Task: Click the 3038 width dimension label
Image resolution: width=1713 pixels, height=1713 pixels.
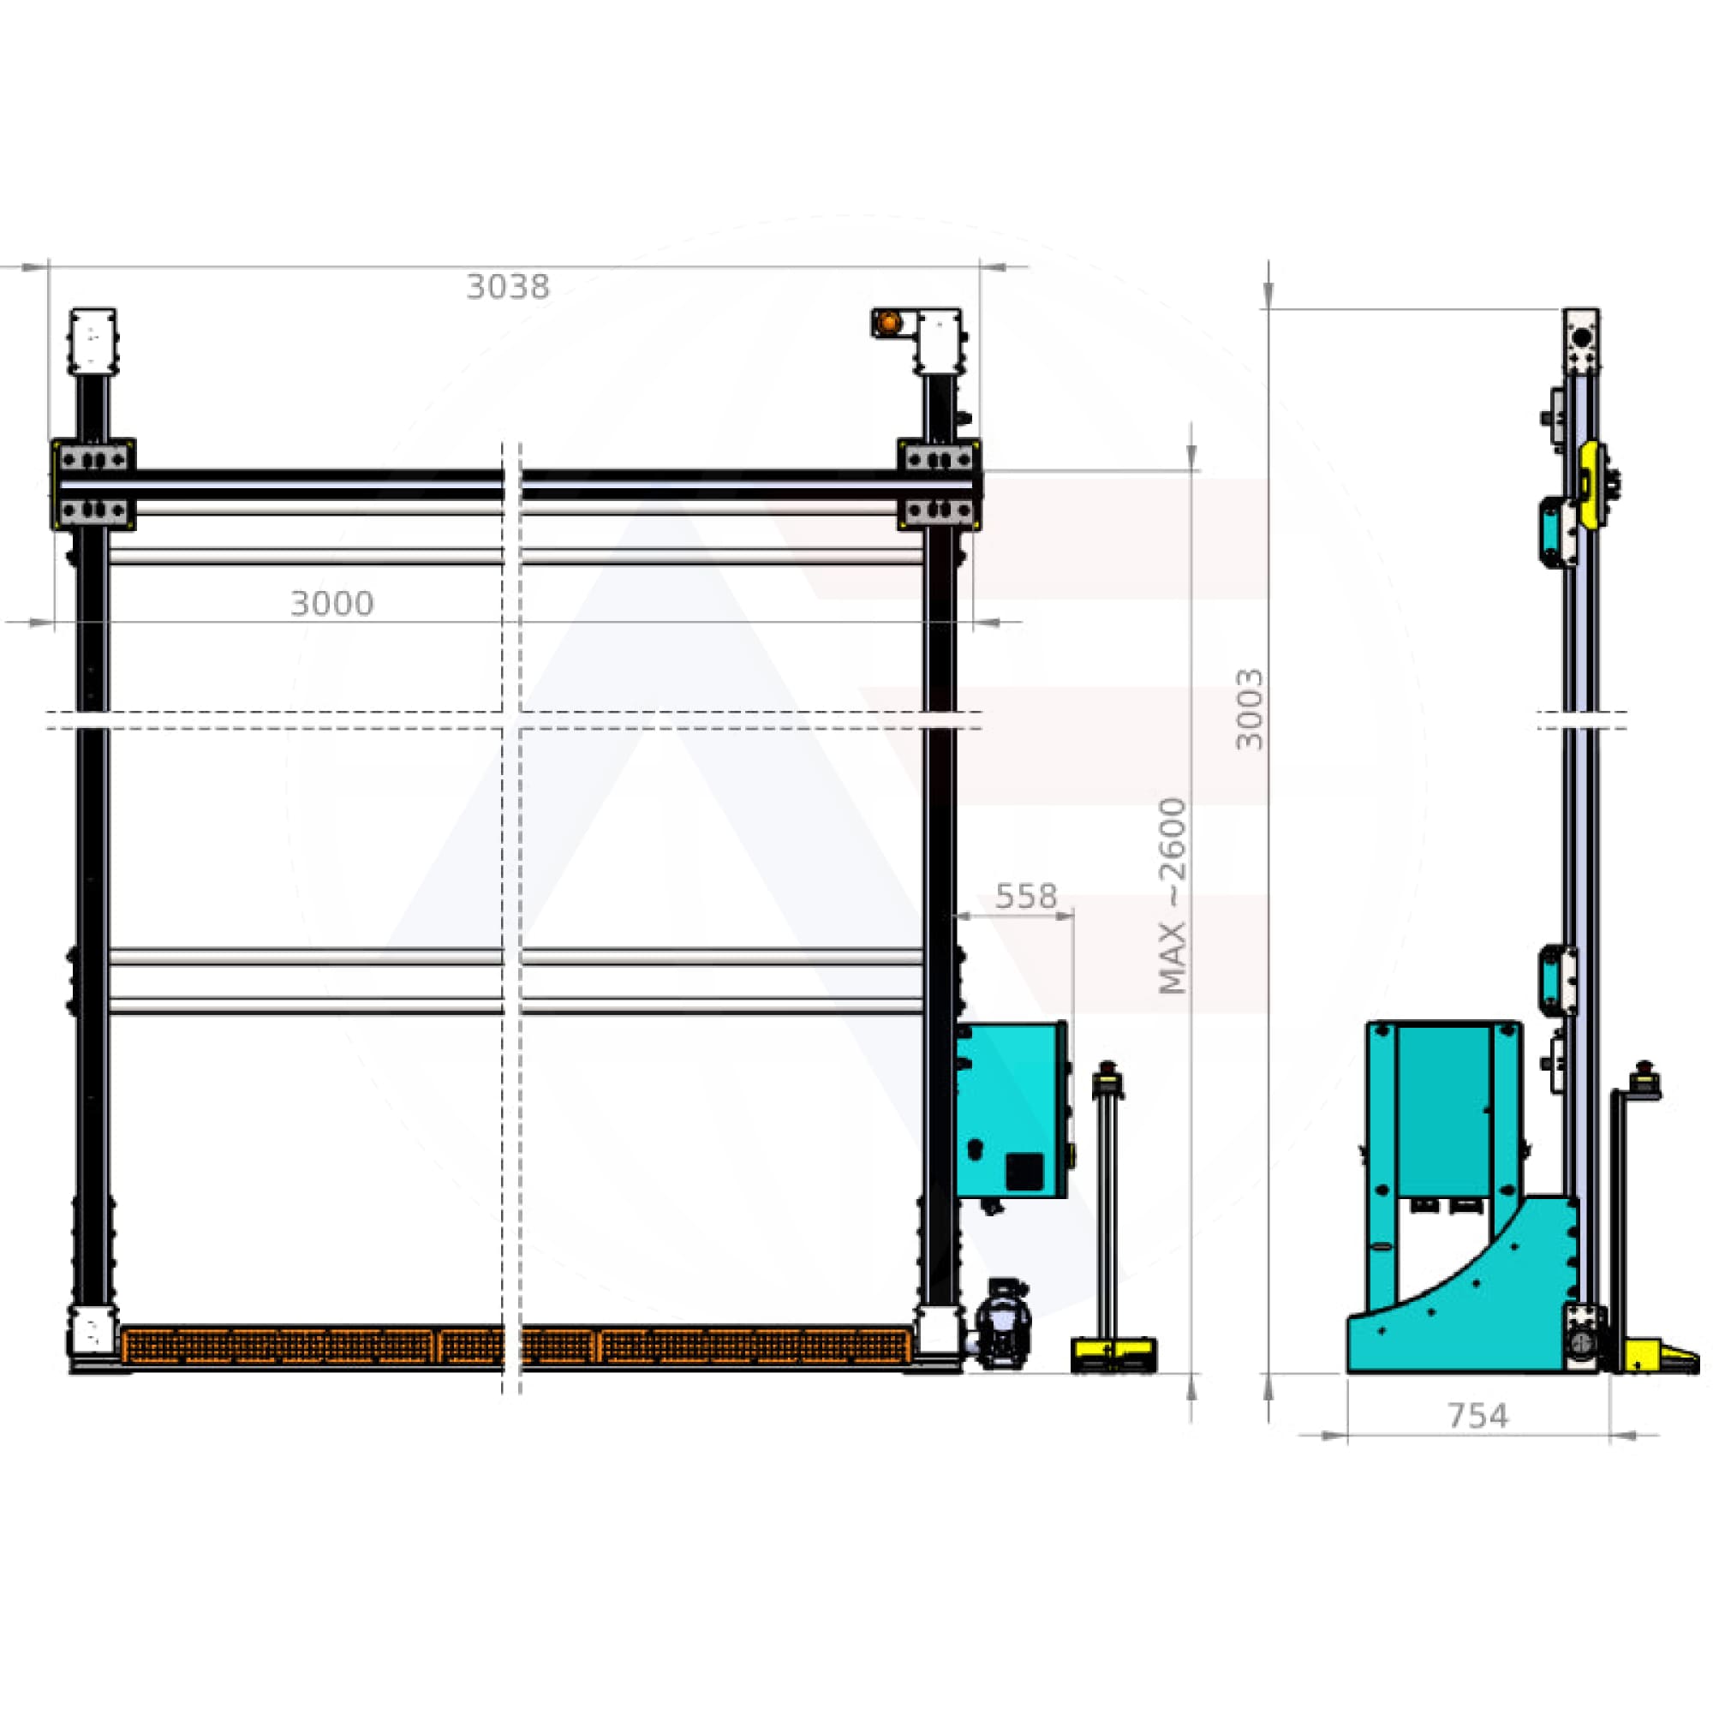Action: [x=507, y=286]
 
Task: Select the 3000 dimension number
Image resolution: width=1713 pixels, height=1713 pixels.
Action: [x=331, y=604]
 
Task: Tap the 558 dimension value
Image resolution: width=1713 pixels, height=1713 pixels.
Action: [x=1026, y=897]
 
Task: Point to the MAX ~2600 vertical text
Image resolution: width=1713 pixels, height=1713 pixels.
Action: [x=1173, y=896]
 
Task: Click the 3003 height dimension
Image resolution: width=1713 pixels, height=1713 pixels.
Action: [x=1250, y=709]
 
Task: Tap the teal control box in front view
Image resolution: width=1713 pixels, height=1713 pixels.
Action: [x=1012, y=1110]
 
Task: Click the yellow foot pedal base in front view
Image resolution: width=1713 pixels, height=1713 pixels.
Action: [x=1113, y=1354]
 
